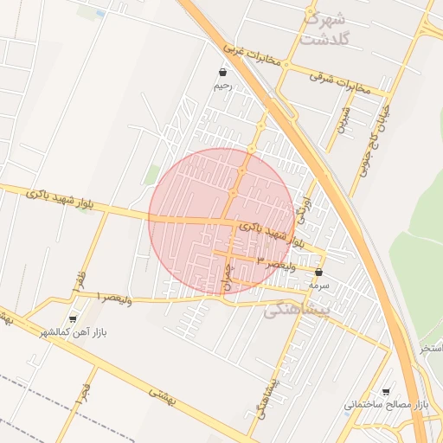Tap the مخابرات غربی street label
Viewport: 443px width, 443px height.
click(254, 56)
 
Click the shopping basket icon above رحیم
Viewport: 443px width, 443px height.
click(223, 73)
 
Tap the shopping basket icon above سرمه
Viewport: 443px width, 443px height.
click(318, 272)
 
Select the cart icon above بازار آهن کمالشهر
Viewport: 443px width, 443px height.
click(73, 318)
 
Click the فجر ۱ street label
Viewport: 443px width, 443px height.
click(84, 396)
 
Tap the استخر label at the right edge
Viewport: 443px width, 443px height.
click(431, 348)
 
